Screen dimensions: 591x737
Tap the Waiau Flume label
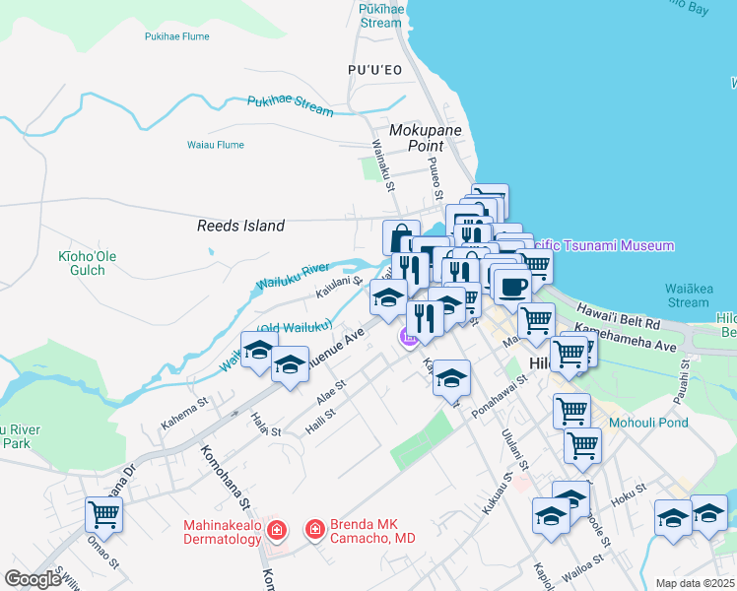215,145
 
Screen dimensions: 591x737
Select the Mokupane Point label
418,138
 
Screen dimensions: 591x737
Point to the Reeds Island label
240,226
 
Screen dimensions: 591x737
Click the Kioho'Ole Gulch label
88,263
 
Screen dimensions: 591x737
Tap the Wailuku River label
293,275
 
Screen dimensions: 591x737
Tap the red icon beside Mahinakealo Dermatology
277,530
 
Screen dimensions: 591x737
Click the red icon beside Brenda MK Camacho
314,530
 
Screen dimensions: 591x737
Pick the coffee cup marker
511,287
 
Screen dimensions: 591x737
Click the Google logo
33,579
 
